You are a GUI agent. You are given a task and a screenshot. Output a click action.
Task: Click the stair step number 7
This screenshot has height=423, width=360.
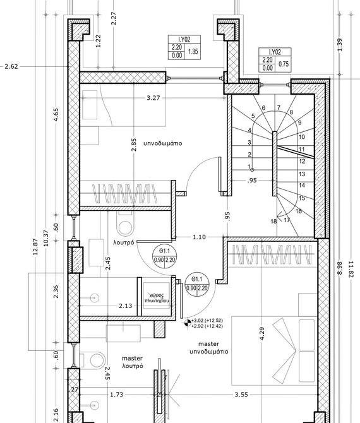tap(279, 107)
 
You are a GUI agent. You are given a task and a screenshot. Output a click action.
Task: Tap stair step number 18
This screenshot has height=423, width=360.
tap(273, 221)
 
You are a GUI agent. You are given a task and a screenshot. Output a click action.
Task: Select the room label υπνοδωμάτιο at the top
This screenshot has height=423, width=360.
tap(163, 143)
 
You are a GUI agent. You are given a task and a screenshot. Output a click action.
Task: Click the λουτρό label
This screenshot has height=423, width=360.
tap(124, 242)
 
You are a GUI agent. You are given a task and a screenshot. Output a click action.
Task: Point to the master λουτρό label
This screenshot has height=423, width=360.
tap(132, 362)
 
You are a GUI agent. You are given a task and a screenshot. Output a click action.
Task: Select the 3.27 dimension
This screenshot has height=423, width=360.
tap(153, 98)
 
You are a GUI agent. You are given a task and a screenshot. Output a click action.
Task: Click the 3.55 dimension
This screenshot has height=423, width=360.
tap(241, 395)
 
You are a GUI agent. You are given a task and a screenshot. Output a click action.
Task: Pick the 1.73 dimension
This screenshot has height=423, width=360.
tap(117, 395)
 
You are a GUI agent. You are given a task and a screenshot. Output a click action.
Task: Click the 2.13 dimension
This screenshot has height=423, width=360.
tap(126, 306)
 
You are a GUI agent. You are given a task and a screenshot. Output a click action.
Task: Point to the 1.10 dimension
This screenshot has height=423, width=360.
tap(199, 237)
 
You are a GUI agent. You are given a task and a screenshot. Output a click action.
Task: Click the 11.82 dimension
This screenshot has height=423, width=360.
tap(351, 269)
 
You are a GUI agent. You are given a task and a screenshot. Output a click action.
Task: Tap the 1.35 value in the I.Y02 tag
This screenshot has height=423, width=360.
tap(193, 51)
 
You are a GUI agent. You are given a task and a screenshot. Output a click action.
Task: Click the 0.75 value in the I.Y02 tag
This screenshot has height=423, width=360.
tap(284, 64)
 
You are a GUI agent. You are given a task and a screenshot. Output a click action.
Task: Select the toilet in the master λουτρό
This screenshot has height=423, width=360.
tap(95, 360)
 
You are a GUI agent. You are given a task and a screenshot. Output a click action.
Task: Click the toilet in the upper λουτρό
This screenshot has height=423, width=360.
tap(125, 224)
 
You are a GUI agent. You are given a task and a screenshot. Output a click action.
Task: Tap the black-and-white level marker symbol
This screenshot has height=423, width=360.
tap(188, 323)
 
